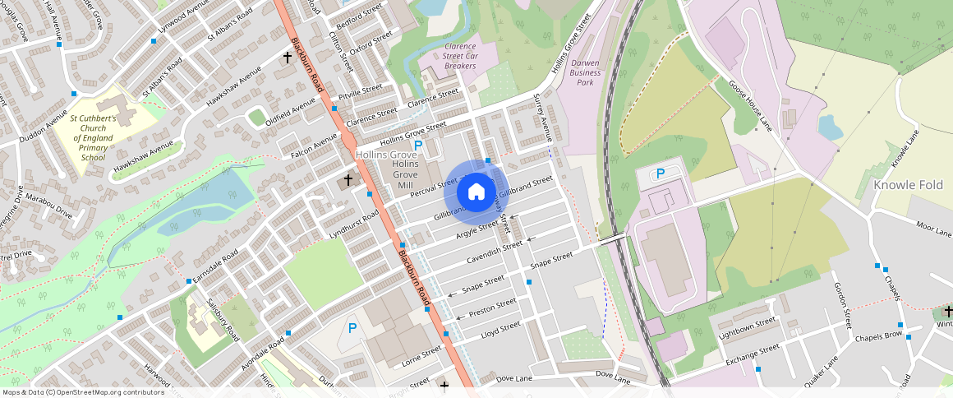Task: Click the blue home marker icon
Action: tap(476, 192)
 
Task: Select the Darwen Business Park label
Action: tap(585, 72)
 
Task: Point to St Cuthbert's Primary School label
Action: tap(104, 137)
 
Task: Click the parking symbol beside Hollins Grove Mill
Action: tap(418, 146)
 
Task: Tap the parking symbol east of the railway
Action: tap(660, 174)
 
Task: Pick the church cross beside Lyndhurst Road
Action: tap(348, 179)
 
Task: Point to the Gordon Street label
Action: tap(844, 303)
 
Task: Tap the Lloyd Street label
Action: tap(501, 330)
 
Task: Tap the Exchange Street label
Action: tap(751, 354)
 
